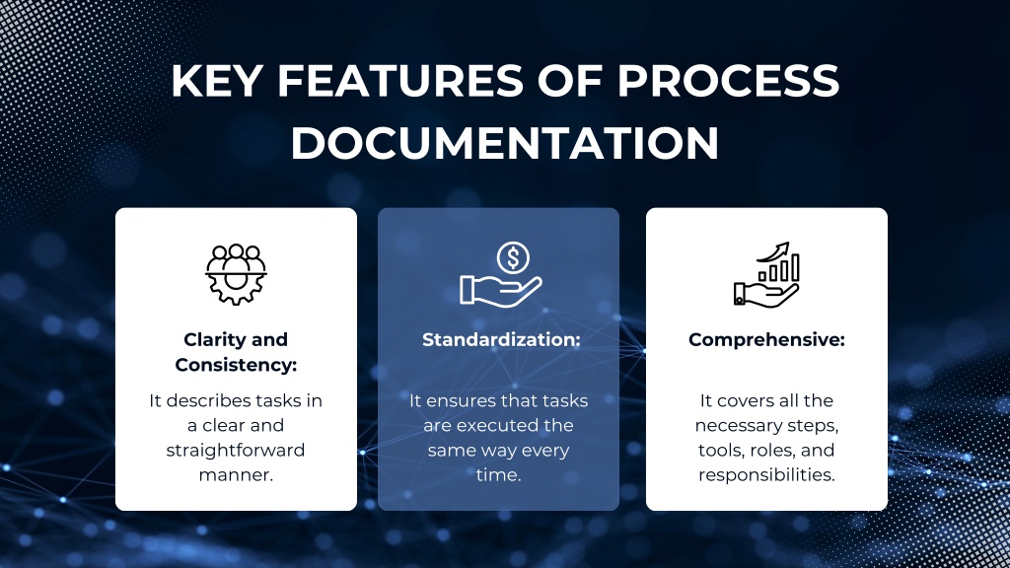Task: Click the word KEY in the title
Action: click(216, 81)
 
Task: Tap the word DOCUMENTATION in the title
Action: click(505, 142)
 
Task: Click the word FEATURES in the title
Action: click(400, 81)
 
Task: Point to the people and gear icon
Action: click(236, 274)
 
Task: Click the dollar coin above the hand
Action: click(513, 257)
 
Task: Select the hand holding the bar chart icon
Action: click(766, 275)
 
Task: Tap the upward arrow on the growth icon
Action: click(773, 251)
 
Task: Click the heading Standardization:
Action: click(501, 339)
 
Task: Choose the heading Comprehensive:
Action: click(766, 340)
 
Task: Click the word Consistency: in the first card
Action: click(236, 365)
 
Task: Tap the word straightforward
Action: click(236, 450)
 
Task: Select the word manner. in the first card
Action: click(236, 475)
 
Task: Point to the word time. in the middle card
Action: click(498, 475)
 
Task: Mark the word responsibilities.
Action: click(766, 475)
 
